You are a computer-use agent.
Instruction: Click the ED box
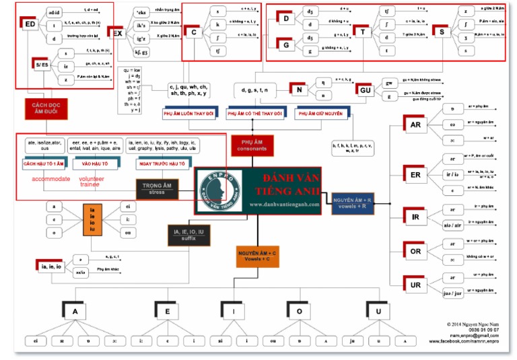coord(30,25)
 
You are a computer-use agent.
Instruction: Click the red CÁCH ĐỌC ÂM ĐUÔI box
coord(44,108)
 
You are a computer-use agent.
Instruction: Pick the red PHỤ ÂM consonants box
coord(252,144)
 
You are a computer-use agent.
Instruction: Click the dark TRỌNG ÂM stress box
coord(157,188)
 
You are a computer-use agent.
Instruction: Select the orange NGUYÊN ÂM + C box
coord(257,256)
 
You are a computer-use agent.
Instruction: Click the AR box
coord(415,125)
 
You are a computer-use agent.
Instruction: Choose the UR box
coord(415,283)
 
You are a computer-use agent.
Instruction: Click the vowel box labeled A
coord(75,312)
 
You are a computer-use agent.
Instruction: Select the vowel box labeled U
coord(379,312)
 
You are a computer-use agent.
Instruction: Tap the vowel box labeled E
coord(167,312)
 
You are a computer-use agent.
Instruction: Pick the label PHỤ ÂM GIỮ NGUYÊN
coord(320,114)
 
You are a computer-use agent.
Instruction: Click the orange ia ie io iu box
coord(94,220)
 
